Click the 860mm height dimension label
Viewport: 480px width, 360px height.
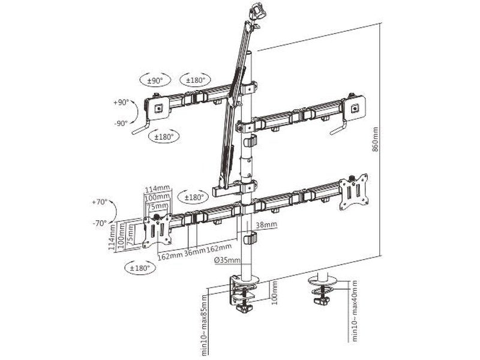tap(376, 139)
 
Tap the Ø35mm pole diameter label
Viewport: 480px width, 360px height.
tap(230, 260)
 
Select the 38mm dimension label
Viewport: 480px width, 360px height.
tap(266, 225)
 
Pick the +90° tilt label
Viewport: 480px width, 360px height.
tap(121, 103)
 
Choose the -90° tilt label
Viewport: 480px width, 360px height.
tap(121, 123)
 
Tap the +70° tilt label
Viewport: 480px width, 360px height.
tap(99, 202)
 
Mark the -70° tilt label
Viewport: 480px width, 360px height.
tap(99, 223)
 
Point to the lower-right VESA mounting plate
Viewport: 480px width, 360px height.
tap(353, 193)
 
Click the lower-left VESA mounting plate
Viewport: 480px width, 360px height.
tap(157, 231)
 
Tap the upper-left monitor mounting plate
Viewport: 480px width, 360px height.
tap(158, 108)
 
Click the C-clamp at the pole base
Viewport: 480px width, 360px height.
tap(244, 294)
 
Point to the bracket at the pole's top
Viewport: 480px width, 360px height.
tap(257, 13)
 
